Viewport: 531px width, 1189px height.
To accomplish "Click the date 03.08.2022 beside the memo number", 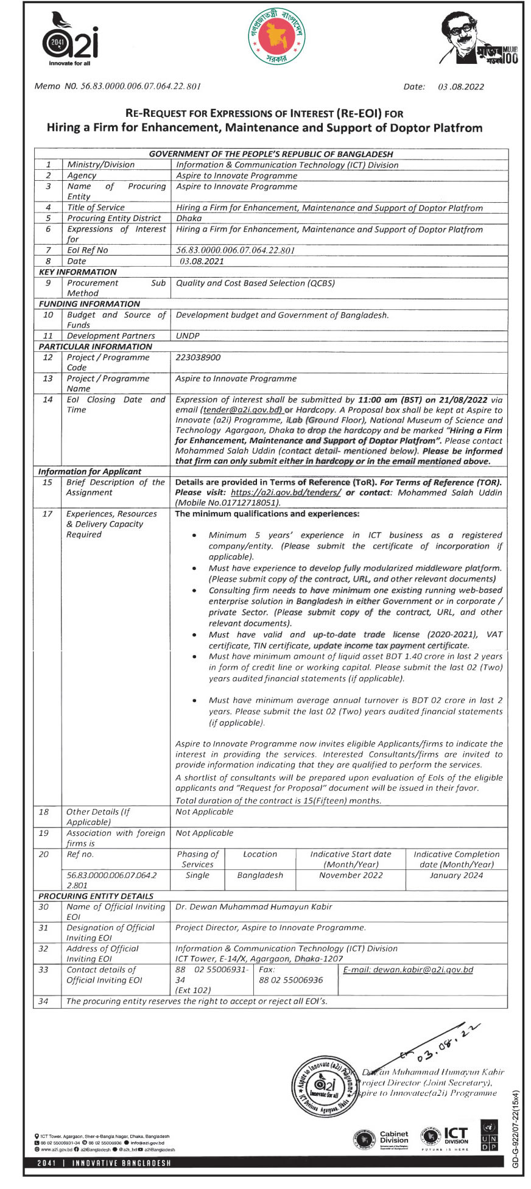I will [461, 86].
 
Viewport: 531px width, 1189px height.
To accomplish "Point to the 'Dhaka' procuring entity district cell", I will [189, 218].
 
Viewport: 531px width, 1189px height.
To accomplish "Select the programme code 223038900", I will [198, 357].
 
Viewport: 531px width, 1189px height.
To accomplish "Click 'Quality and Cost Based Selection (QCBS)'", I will [255, 283].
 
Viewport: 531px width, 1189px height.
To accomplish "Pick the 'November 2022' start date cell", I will [351, 875].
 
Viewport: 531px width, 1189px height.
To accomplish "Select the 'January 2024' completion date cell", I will [456, 875].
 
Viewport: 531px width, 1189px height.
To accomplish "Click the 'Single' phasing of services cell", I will [197, 875].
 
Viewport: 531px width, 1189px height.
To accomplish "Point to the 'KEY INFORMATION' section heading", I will [77, 272].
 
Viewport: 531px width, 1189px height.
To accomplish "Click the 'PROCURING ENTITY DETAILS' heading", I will [96, 896].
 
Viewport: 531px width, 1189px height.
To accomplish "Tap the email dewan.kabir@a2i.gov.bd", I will [408, 970].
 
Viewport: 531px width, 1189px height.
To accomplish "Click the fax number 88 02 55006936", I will [291, 980].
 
